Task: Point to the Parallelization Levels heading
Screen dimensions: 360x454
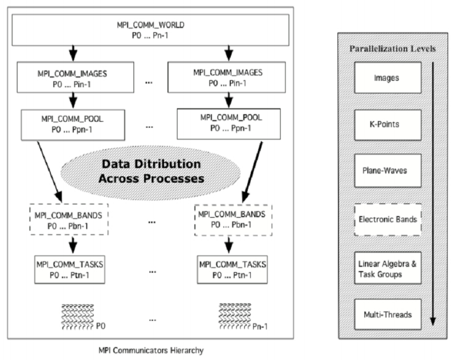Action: coord(393,48)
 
